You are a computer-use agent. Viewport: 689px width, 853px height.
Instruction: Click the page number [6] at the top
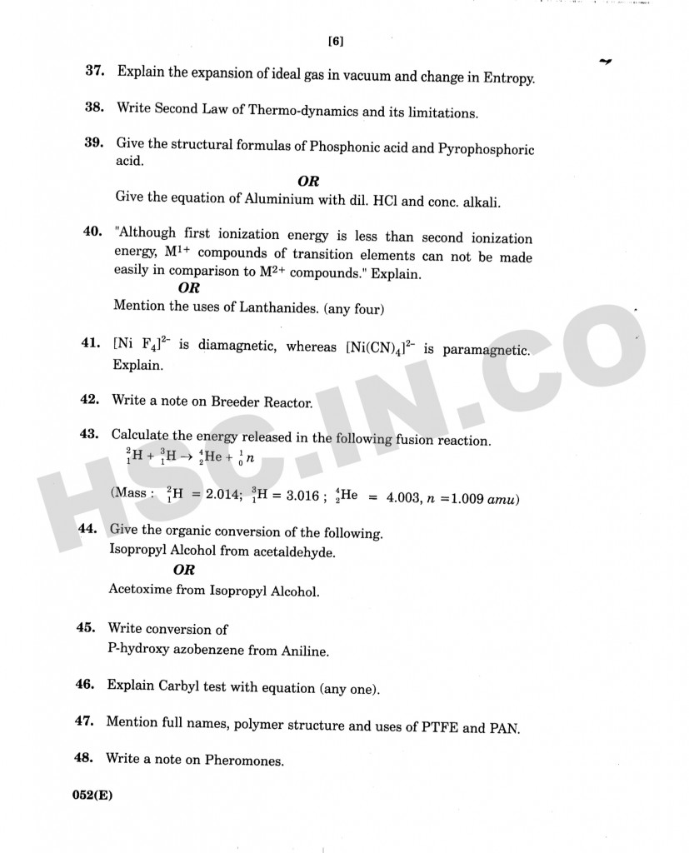tap(336, 42)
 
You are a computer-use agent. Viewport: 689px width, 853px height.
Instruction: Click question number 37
tap(94, 71)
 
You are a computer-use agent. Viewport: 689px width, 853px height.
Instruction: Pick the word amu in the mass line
tap(502, 500)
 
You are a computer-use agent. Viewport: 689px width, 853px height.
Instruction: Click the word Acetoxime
tap(141, 591)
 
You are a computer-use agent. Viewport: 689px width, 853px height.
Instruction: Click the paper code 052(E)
tap(92, 795)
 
